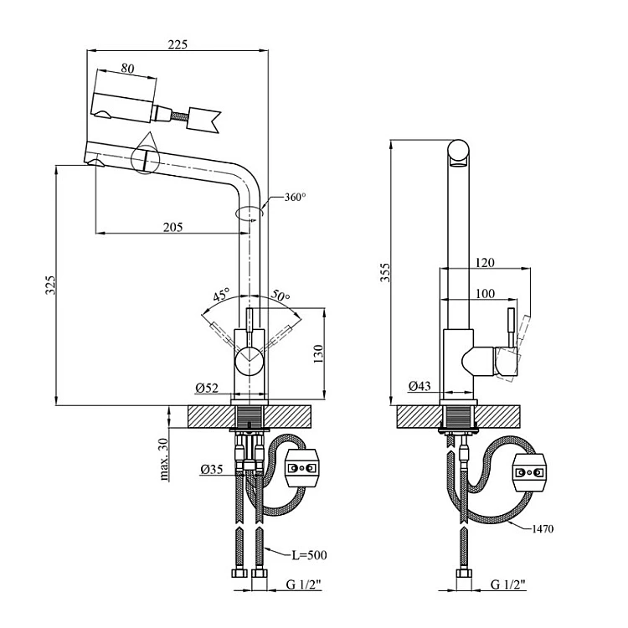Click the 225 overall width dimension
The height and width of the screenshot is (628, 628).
tap(178, 44)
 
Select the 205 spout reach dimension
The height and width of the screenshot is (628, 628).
tap(173, 227)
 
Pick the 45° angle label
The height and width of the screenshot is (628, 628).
tap(221, 296)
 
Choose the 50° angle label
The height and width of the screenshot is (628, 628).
tap(280, 297)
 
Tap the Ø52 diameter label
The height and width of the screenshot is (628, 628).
tap(208, 387)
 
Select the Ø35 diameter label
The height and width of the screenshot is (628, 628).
tap(211, 470)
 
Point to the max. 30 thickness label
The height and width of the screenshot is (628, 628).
tap(164, 460)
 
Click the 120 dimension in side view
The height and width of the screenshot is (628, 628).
tap(484, 263)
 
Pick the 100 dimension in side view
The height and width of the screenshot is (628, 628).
tap(484, 294)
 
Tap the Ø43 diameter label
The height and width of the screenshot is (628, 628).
tap(420, 386)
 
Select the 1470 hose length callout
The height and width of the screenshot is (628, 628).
tap(542, 528)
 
